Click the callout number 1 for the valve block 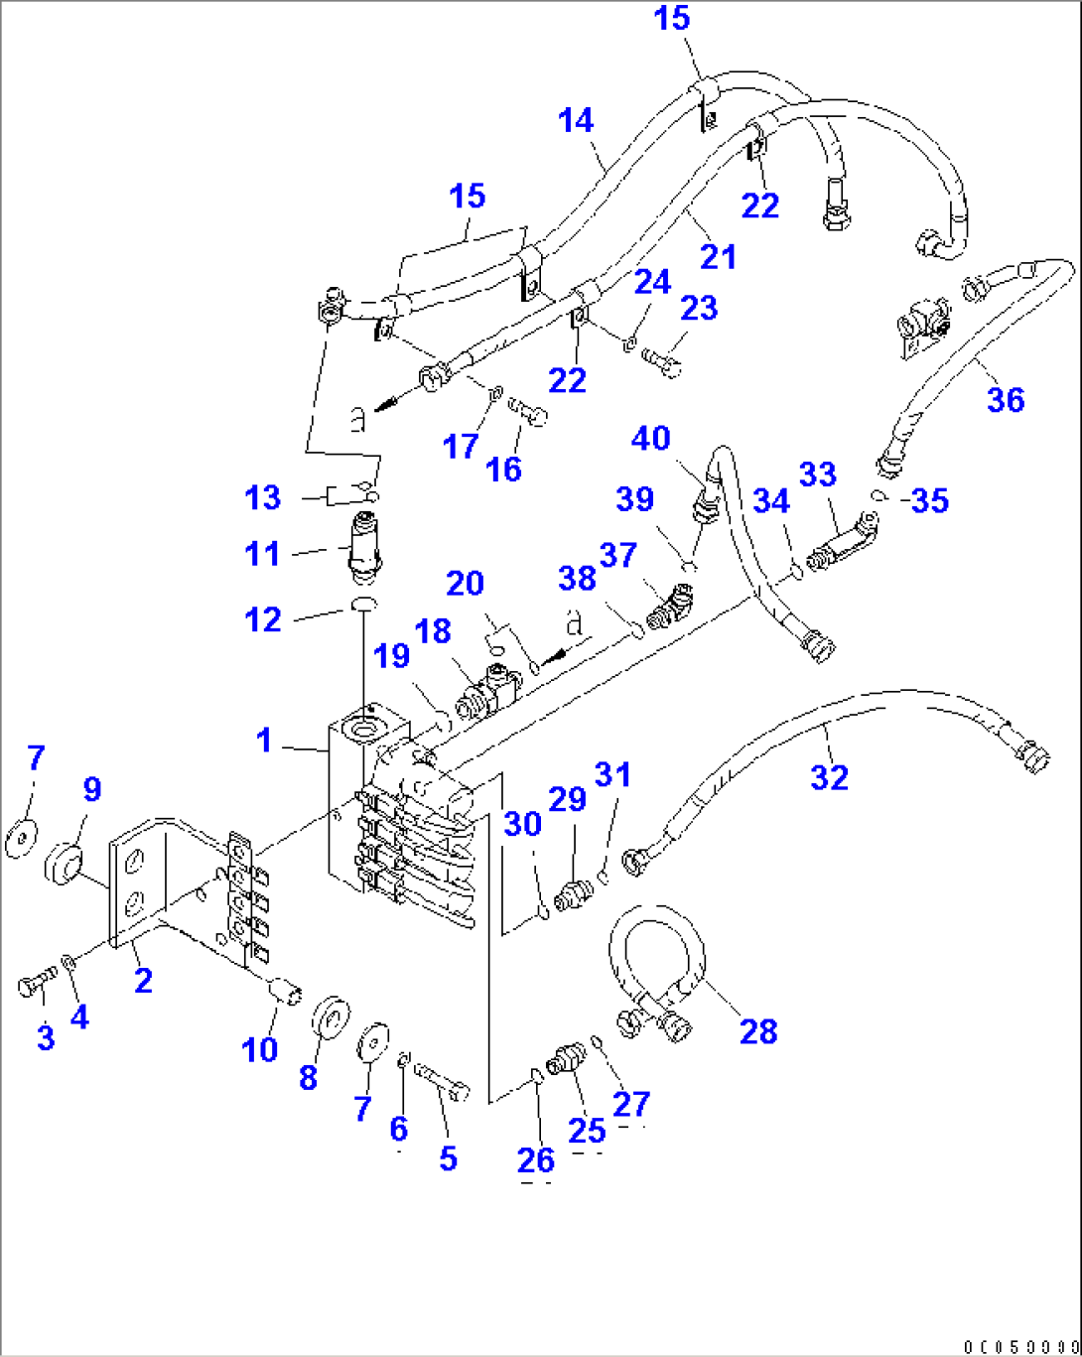tap(263, 741)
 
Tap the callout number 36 tap(1005, 400)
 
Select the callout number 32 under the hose tap(829, 776)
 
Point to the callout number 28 tap(758, 1031)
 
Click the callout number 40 tap(650, 438)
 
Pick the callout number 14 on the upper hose tap(576, 121)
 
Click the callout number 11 tap(262, 553)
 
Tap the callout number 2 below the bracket tap(143, 981)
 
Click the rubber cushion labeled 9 tap(66, 862)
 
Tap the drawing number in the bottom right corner tap(1018, 1346)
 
